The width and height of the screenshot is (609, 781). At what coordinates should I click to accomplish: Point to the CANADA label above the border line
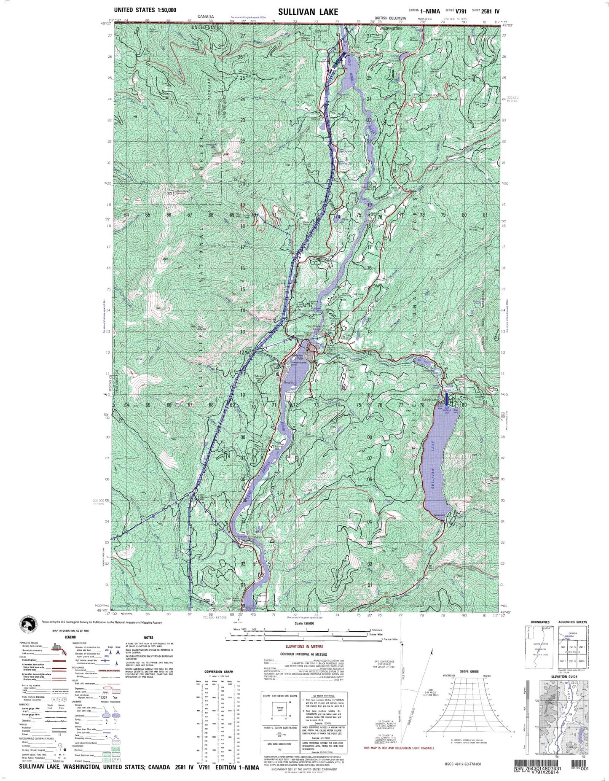point(206,17)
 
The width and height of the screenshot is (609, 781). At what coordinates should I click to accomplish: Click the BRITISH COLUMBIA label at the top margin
point(390,18)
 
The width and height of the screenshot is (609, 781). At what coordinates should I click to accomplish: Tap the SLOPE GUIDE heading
point(469,671)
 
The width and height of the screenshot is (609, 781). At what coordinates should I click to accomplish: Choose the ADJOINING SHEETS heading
point(572,622)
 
